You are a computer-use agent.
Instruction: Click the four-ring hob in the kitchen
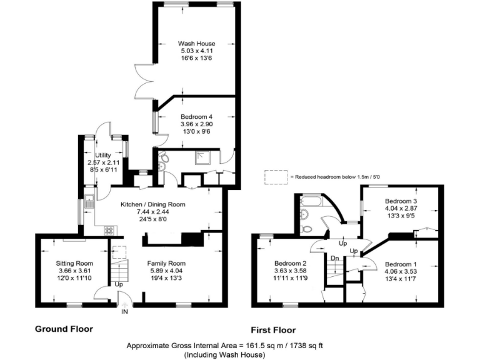[x=110, y=230]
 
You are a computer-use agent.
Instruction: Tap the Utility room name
[x=103, y=155]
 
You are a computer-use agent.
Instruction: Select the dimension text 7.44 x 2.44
[x=152, y=212]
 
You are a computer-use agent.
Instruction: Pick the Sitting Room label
[x=74, y=263]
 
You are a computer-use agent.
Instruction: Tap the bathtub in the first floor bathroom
[x=310, y=202]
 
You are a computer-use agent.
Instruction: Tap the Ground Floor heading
[x=64, y=329]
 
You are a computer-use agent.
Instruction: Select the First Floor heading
[x=273, y=330]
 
